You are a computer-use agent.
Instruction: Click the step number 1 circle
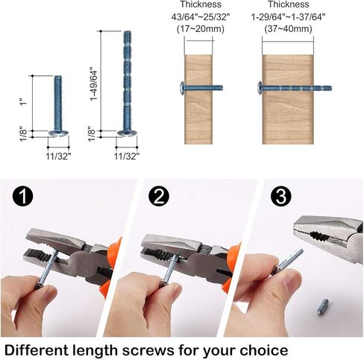coord(24,197)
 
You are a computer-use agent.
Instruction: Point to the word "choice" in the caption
coord(262,348)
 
